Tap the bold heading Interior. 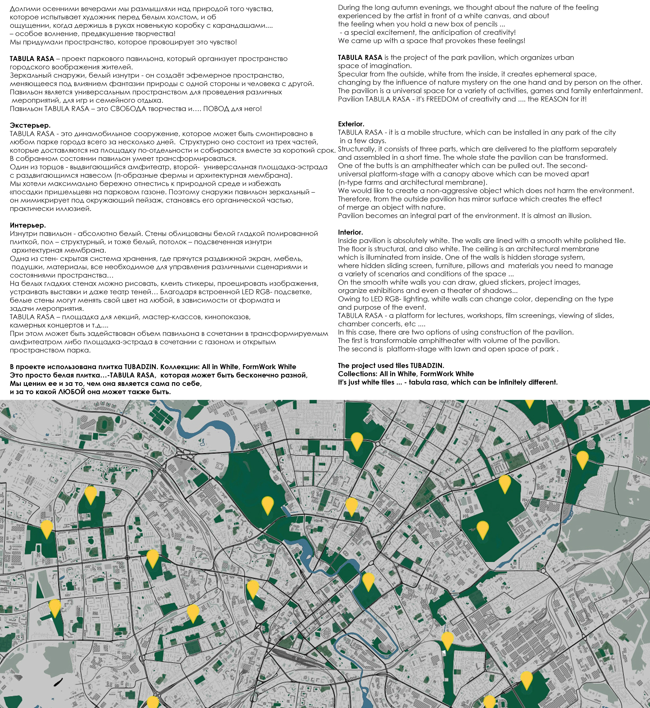pyautogui.click(x=350, y=232)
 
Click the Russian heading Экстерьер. pyautogui.click(x=30, y=125)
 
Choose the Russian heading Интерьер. pyautogui.click(x=28, y=225)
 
